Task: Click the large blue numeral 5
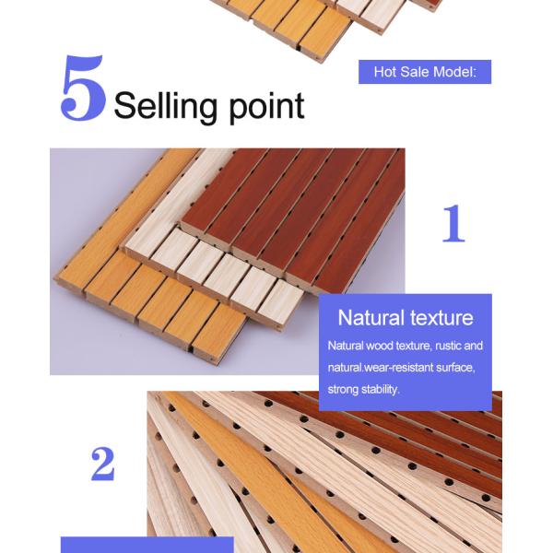pyautogui.click(x=82, y=90)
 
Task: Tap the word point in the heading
pyautogui.click(x=264, y=106)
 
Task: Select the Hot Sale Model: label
pyautogui.click(x=424, y=72)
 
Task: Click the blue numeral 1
pyautogui.click(x=452, y=225)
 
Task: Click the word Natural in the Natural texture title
pyautogui.click(x=369, y=318)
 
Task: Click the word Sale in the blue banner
pyautogui.click(x=415, y=72)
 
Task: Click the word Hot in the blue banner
pyautogui.click(x=385, y=72)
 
